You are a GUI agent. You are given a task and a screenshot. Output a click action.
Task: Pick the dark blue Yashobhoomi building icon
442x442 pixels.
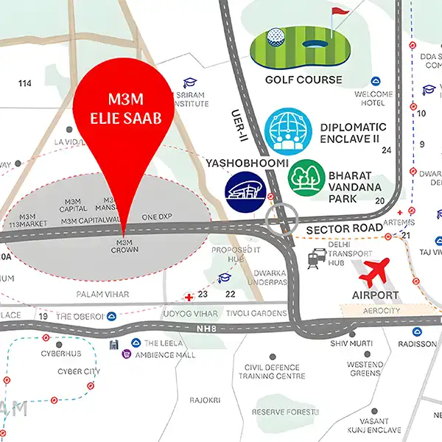pyautogui.click(x=246, y=189)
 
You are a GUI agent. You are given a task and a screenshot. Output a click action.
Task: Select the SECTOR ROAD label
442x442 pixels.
pyautogui.click(x=344, y=229)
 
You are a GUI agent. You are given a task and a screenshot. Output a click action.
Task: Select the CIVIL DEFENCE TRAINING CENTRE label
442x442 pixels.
pyautogui.click(x=272, y=371)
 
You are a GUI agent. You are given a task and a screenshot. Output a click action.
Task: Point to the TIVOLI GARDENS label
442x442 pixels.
pyautogui.click(x=256, y=314)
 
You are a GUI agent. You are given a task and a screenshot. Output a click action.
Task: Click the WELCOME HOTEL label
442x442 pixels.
pyautogui.click(x=373, y=99)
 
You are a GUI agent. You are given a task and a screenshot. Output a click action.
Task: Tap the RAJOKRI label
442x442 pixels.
pyautogui.click(x=205, y=400)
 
